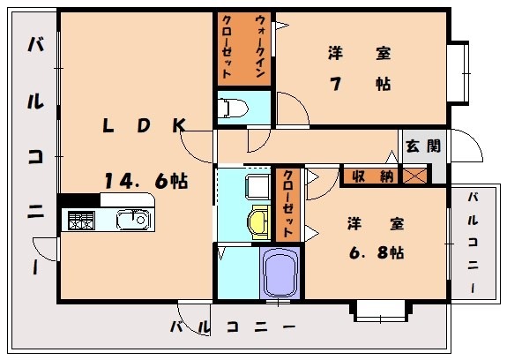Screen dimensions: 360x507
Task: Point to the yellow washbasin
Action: pyautogui.click(x=257, y=221)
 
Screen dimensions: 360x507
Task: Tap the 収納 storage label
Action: pyautogui.click(x=367, y=176)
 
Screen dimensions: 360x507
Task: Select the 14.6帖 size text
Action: pyautogui.click(x=145, y=181)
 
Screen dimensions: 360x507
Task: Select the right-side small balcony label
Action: pyautogui.click(x=474, y=242)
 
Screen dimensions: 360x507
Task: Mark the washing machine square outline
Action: pyautogui.click(x=257, y=186)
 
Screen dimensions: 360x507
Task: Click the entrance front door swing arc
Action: pyautogui.click(x=466, y=150)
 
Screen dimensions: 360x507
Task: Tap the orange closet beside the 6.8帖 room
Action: pyautogui.click(x=287, y=204)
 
